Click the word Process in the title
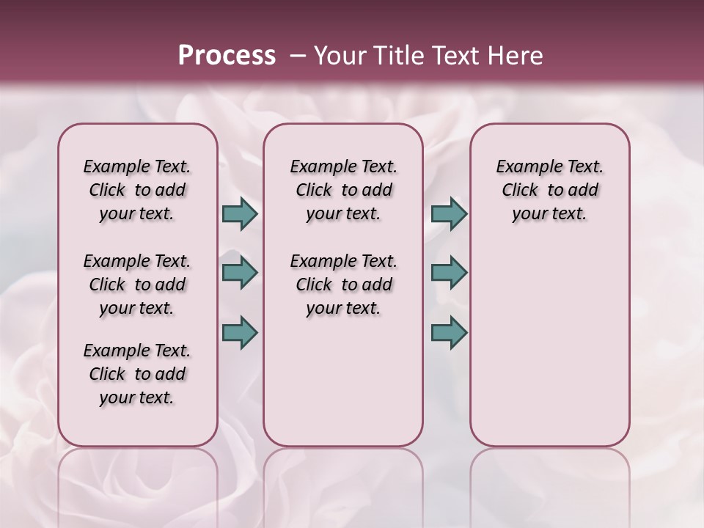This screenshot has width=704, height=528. (x=227, y=56)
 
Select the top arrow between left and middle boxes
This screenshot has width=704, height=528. (x=240, y=213)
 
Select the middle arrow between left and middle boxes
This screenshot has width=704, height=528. (x=240, y=273)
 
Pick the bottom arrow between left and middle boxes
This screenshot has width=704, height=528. (x=240, y=332)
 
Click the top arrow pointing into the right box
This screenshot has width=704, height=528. (x=449, y=213)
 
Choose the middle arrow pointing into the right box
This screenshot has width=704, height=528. (x=449, y=273)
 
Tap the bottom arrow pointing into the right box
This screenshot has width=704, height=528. (x=449, y=332)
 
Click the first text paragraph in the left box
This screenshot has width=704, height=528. (x=137, y=190)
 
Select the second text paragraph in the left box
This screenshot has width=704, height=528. (x=137, y=285)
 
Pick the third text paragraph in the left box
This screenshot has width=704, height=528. (x=137, y=374)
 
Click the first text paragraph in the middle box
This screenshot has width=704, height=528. (x=343, y=190)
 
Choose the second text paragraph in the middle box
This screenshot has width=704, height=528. (x=343, y=285)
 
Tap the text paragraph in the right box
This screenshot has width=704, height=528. (x=549, y=190)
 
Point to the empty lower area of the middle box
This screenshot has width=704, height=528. (x=343, y=381)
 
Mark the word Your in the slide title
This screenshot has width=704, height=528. (x=340, y=56)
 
